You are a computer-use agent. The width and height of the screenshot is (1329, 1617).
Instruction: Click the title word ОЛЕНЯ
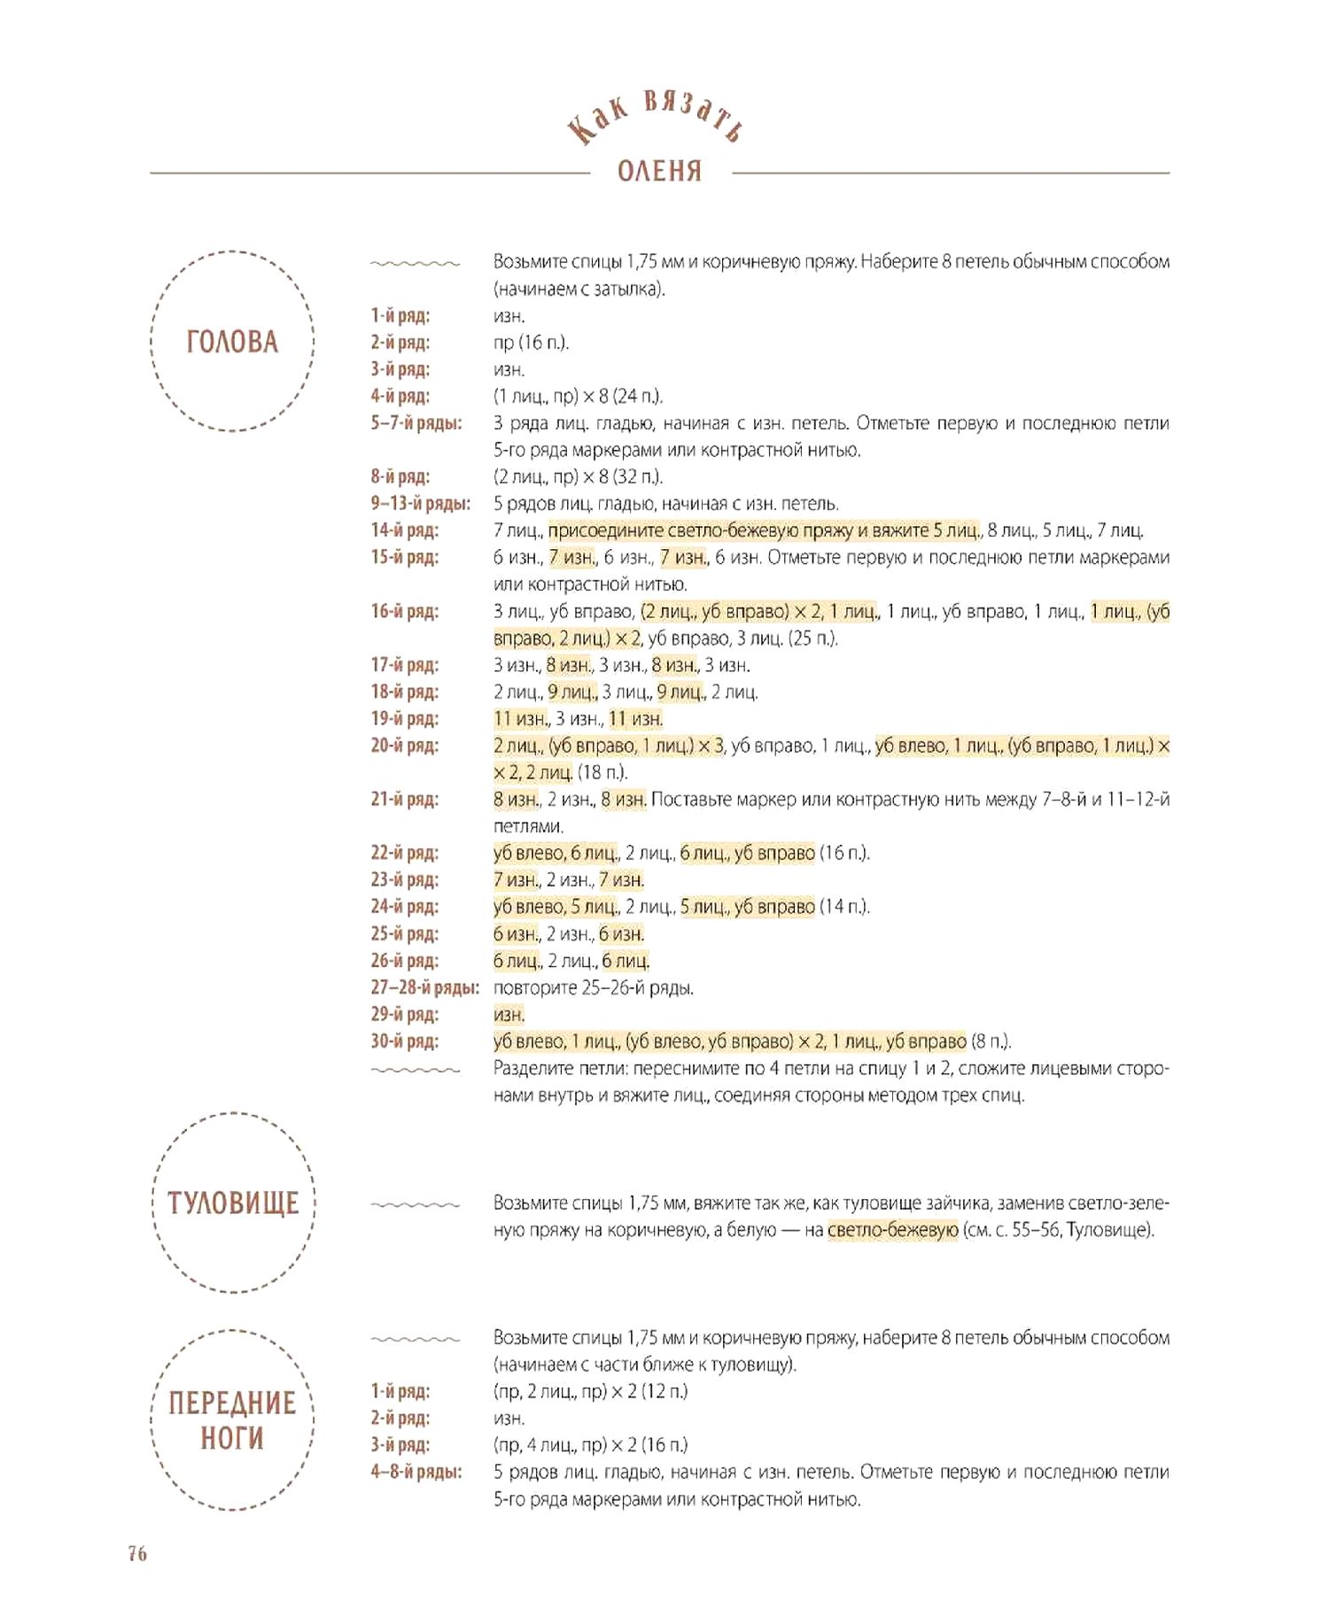pyautogui.click(x=659, y=170)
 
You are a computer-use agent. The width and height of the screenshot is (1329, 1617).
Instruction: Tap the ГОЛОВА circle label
pyautogui.click(x=232, y=342)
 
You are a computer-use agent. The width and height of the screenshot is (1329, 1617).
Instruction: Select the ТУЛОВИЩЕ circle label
pyautogui.click(x=233, y=1203)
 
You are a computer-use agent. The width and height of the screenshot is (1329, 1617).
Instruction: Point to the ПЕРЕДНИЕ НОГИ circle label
pyautogui.click(x=232, y=1420)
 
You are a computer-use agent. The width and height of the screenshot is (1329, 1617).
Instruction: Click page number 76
pyautogui.click(x=137, y=1553)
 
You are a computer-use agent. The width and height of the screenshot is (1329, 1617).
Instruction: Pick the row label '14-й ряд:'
pyautogui.click(x=404, y=530)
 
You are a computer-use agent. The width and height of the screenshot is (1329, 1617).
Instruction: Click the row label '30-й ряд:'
pyautogui.click(x=404, y=1041)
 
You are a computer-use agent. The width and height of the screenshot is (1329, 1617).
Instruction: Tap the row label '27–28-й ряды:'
pyautogui.click(x=424, y=987)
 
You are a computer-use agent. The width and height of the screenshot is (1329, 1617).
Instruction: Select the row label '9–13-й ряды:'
pyautogui.click(x=420, y=504)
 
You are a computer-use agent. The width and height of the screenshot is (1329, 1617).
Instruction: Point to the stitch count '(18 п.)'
pyautogui.click(x=602, y=772)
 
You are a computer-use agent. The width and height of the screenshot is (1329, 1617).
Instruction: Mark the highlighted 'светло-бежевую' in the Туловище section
pyautogui.click(x=892, y=1230)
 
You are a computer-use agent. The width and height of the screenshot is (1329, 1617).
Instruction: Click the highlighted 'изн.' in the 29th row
pyautogui.click(x=509, y=1015)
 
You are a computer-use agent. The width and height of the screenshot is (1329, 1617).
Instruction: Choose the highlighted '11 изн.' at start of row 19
pyautogui.click(x=520, y=719)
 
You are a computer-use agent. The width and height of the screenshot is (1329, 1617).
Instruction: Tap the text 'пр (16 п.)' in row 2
pyautogui.click(x=531, y=343)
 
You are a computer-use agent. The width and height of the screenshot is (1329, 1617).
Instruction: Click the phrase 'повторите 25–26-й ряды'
pyautogui.click(x=593, y=987)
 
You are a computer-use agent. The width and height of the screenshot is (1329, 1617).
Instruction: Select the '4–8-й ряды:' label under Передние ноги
pyautogui.click(x=416, y=1472)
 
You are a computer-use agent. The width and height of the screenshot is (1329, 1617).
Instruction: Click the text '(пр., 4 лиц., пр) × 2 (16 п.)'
pyautogui.click(x=590, y=1445)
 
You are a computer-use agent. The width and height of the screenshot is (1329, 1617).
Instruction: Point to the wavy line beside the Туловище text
pyautogui.click(x=415, y=1205)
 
